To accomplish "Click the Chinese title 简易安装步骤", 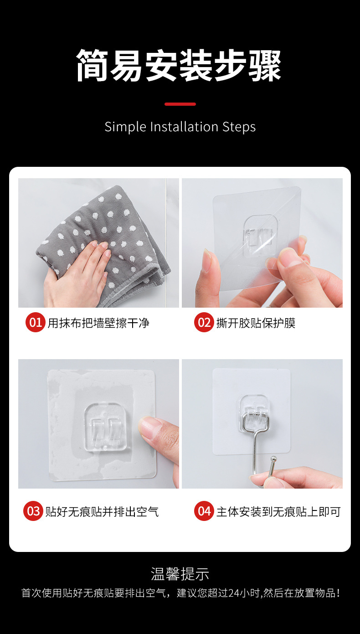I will click(179, 66).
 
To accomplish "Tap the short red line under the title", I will click(180, 104).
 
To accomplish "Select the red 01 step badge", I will click(35, 323).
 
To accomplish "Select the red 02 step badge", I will click(204, 323).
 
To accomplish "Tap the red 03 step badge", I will click(33, 511).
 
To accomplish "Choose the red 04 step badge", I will click(204, 511).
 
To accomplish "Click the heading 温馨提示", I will click(180, 574).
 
